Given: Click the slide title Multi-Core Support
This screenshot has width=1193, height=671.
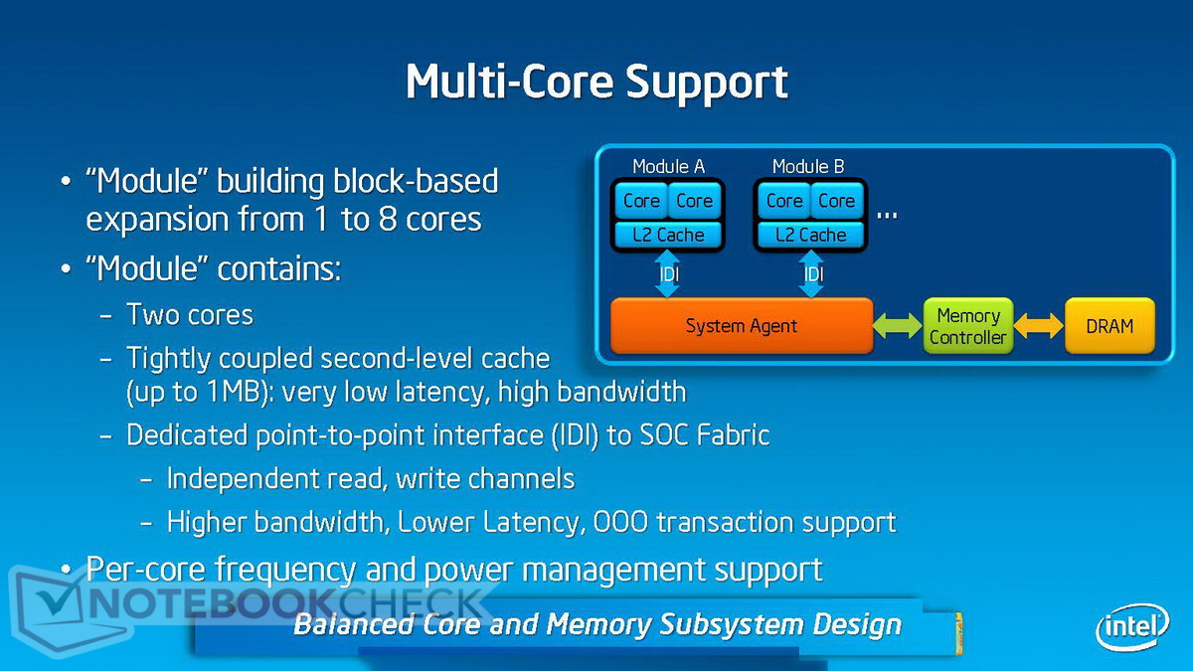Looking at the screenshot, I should [x=596, y=82].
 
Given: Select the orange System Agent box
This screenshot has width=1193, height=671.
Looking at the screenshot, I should [x=742, y=326].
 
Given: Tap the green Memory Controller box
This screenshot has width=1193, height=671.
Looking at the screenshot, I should [x=967, y=326].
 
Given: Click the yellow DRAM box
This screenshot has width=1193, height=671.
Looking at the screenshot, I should [x=1109, y=326].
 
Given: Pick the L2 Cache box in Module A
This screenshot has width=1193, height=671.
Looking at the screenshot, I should [x=668, y=236].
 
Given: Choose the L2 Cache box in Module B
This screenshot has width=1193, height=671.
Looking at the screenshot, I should [x=810, y=236].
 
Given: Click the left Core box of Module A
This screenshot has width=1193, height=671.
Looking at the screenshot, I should [x=641, y=201].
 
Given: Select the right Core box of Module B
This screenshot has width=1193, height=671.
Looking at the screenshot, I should [x=836, y=201].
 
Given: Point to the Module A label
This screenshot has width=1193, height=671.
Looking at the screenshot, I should [x=668, y=167].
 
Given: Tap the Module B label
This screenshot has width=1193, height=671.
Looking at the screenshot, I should [x=808, y=167].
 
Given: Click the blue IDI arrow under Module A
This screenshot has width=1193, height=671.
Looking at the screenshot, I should [x=668, y=273].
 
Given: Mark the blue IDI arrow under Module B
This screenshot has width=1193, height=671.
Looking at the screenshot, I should [x=811, y=273].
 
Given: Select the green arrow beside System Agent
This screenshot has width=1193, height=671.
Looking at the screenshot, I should [x=898, y=326].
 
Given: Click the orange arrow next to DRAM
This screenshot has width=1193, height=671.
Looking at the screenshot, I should [x=1039, y=326].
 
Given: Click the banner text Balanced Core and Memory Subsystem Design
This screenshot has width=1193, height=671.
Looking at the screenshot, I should [x=597, y=625].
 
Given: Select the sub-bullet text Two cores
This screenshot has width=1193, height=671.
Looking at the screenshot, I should [x=190, y=315].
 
